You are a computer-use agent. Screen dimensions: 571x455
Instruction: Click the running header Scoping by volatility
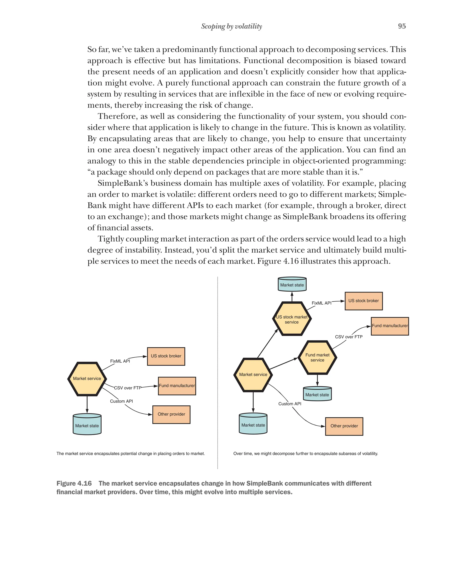tap(231, 26)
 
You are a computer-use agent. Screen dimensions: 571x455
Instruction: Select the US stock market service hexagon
tap(292, 319)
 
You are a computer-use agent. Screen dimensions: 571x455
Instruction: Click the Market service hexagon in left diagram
tap(87, 379)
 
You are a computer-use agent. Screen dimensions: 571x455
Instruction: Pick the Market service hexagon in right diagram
tap(253, 375)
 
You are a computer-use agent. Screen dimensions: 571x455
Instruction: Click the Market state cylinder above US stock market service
tap(292, 285)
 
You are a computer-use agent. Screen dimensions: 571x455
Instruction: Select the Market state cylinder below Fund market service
tap(317, 394)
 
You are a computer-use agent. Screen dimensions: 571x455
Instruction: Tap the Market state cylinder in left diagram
tap(87, 425)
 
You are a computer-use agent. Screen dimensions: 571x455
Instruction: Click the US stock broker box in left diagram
tap(166, 356)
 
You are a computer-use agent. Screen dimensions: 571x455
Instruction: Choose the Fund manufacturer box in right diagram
tap(390, 326)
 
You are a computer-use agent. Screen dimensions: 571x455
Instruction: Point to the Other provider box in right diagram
tap(344, 426)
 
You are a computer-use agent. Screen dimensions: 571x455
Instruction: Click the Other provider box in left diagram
tap(171, 414)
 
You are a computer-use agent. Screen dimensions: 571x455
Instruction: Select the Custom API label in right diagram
tap(289, 404)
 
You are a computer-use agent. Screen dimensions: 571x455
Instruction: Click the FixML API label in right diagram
tap(321, 303)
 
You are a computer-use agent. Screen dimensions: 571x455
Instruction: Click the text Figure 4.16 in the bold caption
tap(74, 483)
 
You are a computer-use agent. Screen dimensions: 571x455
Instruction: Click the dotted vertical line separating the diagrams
tap(218, 371)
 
